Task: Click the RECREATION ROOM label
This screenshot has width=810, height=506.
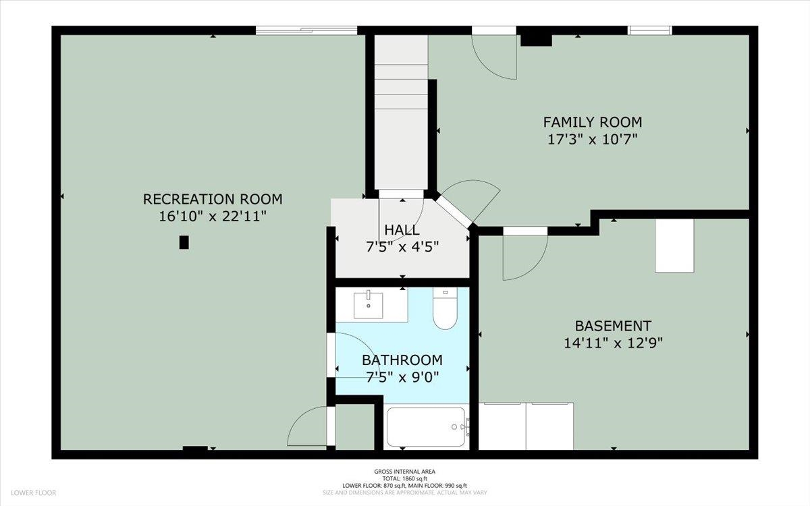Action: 213,199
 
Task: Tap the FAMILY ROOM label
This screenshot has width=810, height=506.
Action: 593,122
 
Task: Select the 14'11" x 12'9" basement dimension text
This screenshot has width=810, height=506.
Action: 614,343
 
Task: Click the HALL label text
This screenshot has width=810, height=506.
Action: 402,230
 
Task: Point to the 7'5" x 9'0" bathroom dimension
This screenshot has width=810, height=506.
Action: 402,378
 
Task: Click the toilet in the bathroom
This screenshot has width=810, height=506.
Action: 445,308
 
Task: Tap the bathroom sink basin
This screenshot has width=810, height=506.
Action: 368,306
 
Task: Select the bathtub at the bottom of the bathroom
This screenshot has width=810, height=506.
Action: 426,427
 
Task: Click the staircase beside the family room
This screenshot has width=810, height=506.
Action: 401,112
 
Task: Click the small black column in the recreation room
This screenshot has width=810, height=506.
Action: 184,242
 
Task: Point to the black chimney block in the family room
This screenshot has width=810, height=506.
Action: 536,40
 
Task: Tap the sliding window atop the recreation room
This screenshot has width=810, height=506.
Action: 306,30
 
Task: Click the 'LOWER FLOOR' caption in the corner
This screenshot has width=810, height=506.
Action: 33,493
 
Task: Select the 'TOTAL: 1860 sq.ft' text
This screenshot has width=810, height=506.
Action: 404,478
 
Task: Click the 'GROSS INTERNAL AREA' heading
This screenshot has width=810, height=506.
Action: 404,472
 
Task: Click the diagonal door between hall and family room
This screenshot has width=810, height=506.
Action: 454,211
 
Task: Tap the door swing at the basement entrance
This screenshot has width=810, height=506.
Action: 525,258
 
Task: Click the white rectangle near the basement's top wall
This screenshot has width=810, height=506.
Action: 674,246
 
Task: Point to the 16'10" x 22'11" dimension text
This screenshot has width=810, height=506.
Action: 213,217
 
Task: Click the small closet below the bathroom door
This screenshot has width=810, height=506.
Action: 354,427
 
